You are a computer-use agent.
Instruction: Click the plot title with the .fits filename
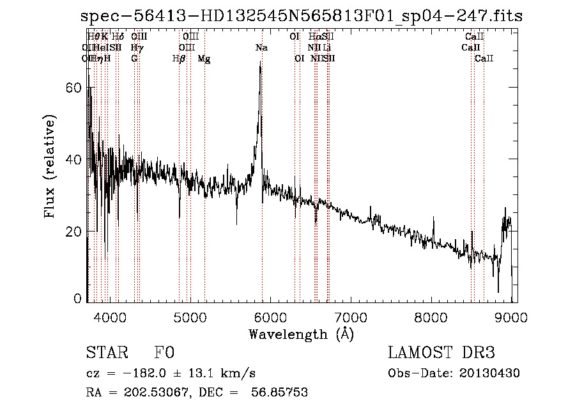(x=302, y=17)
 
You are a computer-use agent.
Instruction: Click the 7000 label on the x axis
(x=351, y=315)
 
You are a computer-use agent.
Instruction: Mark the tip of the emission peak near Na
(x=259, y=64)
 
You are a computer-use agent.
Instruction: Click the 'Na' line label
(x=261, y=48)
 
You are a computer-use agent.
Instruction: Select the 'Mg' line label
(x=204, y=59)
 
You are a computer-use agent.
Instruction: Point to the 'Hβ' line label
(x=179, y=59)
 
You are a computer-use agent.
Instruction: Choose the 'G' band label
(x=134, y=59)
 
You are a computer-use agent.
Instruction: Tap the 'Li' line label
(x=326, y=48)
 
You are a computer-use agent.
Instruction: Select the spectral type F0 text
(x=164, y=353)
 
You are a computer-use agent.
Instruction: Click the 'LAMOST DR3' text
(x=441, y=353)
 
